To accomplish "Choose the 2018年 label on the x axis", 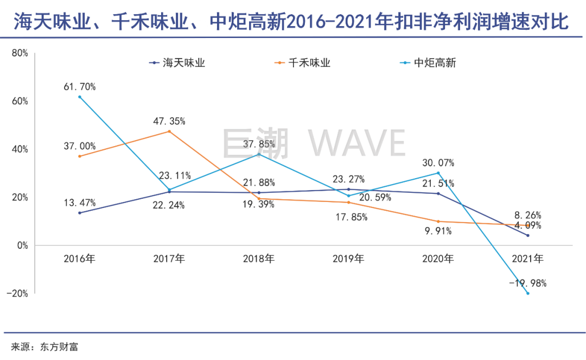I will (258, 259).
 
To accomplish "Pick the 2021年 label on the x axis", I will (527, 259).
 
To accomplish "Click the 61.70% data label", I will (79, 86).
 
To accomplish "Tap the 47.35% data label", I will (169, 121).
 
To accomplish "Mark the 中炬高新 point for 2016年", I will (80, 97).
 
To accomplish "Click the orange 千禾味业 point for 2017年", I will (169, 131).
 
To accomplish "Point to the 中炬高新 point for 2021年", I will (527, 293).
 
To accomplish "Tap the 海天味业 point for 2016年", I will (80, 213).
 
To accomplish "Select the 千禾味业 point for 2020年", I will (438, 222).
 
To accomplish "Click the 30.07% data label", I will (438, 163).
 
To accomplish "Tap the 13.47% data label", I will (79, 203).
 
